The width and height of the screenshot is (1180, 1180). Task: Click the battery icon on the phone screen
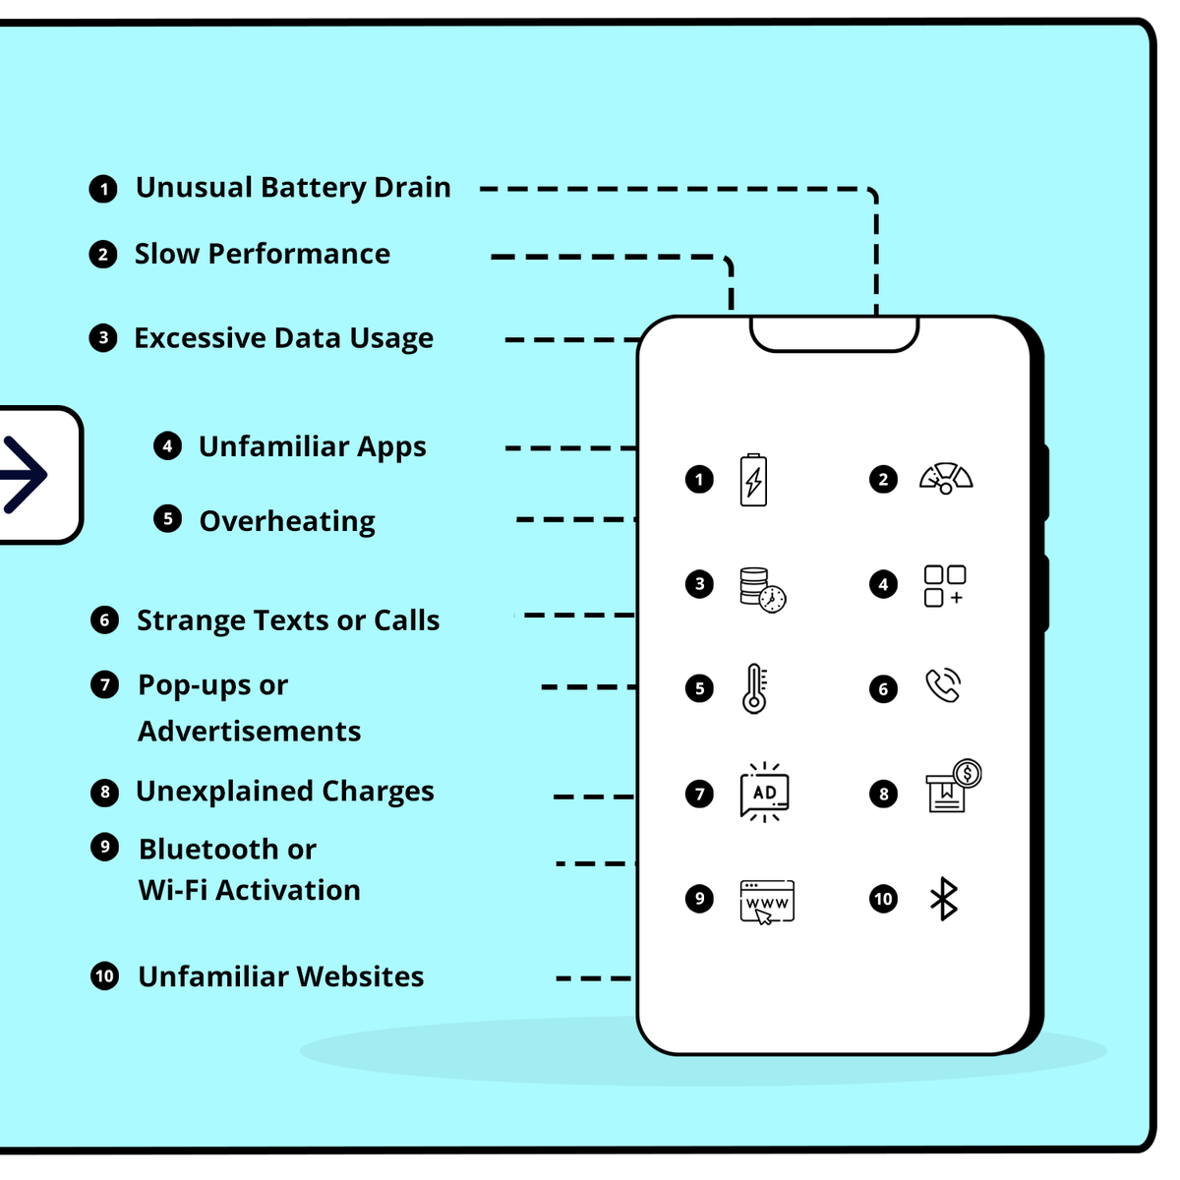[753, 480]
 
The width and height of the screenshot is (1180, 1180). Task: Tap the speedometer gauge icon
[945, 478]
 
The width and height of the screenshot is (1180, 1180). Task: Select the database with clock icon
[763, 589]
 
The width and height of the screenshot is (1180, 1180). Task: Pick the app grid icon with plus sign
[945, 585]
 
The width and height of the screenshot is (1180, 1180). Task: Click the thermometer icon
[754, 688]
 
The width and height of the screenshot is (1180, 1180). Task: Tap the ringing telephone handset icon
[943, 684]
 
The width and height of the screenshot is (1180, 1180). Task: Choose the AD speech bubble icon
[764, 793]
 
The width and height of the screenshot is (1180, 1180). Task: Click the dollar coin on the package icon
[968, 774]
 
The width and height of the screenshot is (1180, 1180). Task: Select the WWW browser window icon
[767, 902]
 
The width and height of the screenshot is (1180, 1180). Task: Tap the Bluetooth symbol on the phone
[944, 899]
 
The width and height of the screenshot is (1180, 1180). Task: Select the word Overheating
[287, 521]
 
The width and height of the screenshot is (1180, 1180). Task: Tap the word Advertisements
[249, 732]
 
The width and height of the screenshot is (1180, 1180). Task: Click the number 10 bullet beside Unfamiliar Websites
[104, 976]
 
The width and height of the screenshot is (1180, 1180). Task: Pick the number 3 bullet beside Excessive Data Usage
[103, 337]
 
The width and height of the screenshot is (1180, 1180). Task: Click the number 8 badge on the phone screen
[883, 795]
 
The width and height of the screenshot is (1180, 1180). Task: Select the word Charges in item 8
[378, 792]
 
